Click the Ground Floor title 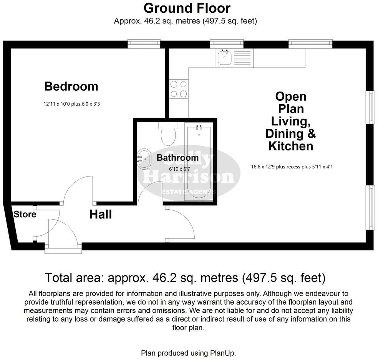point(187,8)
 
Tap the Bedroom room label point(71,86)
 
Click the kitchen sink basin point(224,58)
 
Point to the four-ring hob point(179,88)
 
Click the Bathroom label point(177,158)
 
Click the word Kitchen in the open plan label point(290,146)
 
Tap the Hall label point(101,215)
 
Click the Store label point(25,215)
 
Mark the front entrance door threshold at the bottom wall point(63,250)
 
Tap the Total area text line point(186,277)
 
